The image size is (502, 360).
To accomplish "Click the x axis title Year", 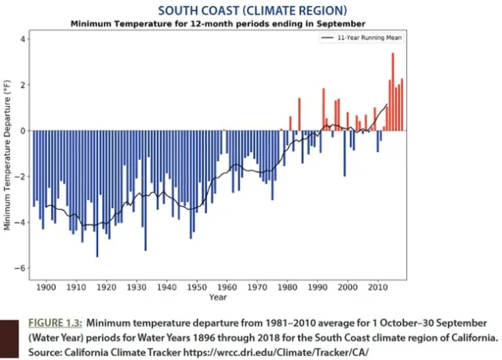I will [x=218, y=297].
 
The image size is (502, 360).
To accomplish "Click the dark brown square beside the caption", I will [x=9, y=338].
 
